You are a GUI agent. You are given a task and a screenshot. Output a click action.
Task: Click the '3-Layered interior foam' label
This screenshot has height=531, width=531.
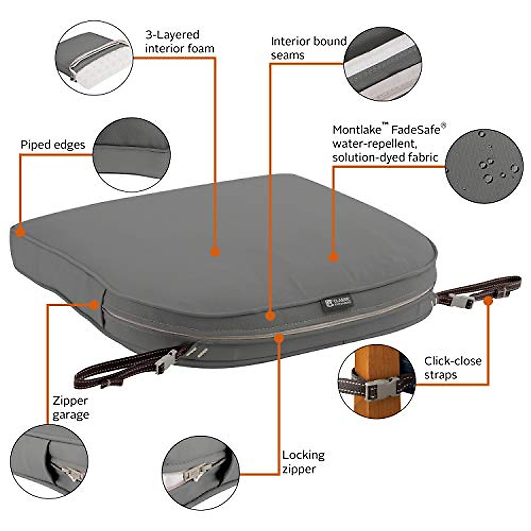pyautogui.click(x=179, y=42)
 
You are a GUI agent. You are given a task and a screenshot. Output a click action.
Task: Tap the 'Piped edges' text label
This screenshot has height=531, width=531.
pyautogui.click(x=53, y=145)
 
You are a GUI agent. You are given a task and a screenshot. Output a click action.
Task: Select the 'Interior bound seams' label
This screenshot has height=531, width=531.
pyautogui.click(x=308, y=48)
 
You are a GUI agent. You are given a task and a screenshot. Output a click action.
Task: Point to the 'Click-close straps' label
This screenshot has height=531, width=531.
pyautogui.click(x=452, y=368)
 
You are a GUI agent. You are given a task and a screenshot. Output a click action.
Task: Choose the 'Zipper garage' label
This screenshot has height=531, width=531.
pyautogui.click(x=71, y=408)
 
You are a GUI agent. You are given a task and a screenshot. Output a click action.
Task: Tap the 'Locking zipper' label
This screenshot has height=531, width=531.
pyautogui.click(x=303, y=462)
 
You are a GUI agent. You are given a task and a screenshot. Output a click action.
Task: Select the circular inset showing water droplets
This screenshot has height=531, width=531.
pyautogui.click(x=484, y=165)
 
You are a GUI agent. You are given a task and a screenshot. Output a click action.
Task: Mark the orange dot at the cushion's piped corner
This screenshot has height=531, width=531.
pyautogui.click(x=19, y=231)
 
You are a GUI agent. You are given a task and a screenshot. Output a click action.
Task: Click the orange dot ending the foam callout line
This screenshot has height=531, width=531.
pyautogui.click(x=215, y=252)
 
